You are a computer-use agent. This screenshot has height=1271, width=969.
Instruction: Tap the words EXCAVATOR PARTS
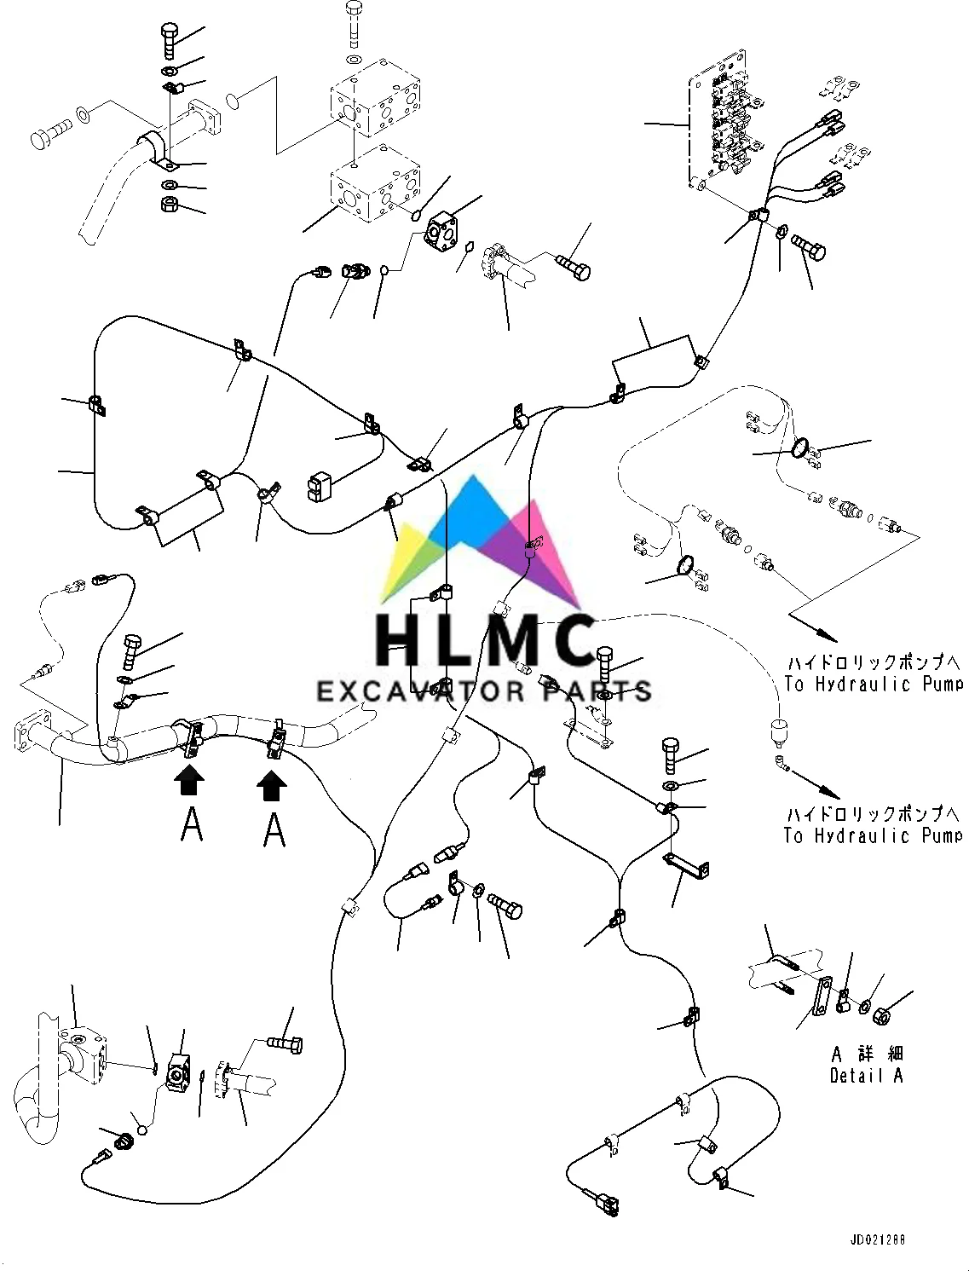[x=484, y=690]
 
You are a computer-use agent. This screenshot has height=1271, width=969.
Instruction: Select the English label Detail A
[x=866, y=1076]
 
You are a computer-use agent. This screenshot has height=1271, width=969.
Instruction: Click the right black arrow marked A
[x=272, y=784]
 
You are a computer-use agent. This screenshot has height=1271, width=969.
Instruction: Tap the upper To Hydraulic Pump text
[x=874, y=684]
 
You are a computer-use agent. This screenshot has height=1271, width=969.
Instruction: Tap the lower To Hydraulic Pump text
[x=874, y=835]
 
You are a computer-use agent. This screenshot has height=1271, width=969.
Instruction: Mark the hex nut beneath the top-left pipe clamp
[x=170, y=205]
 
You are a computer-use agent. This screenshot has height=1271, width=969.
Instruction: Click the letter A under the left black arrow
[x=192, y=824]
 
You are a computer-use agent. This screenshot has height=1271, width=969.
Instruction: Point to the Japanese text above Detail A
[x=867, y=1054]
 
